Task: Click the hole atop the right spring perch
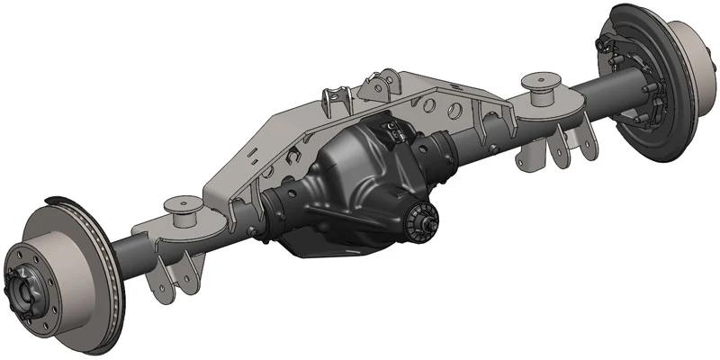544,77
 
